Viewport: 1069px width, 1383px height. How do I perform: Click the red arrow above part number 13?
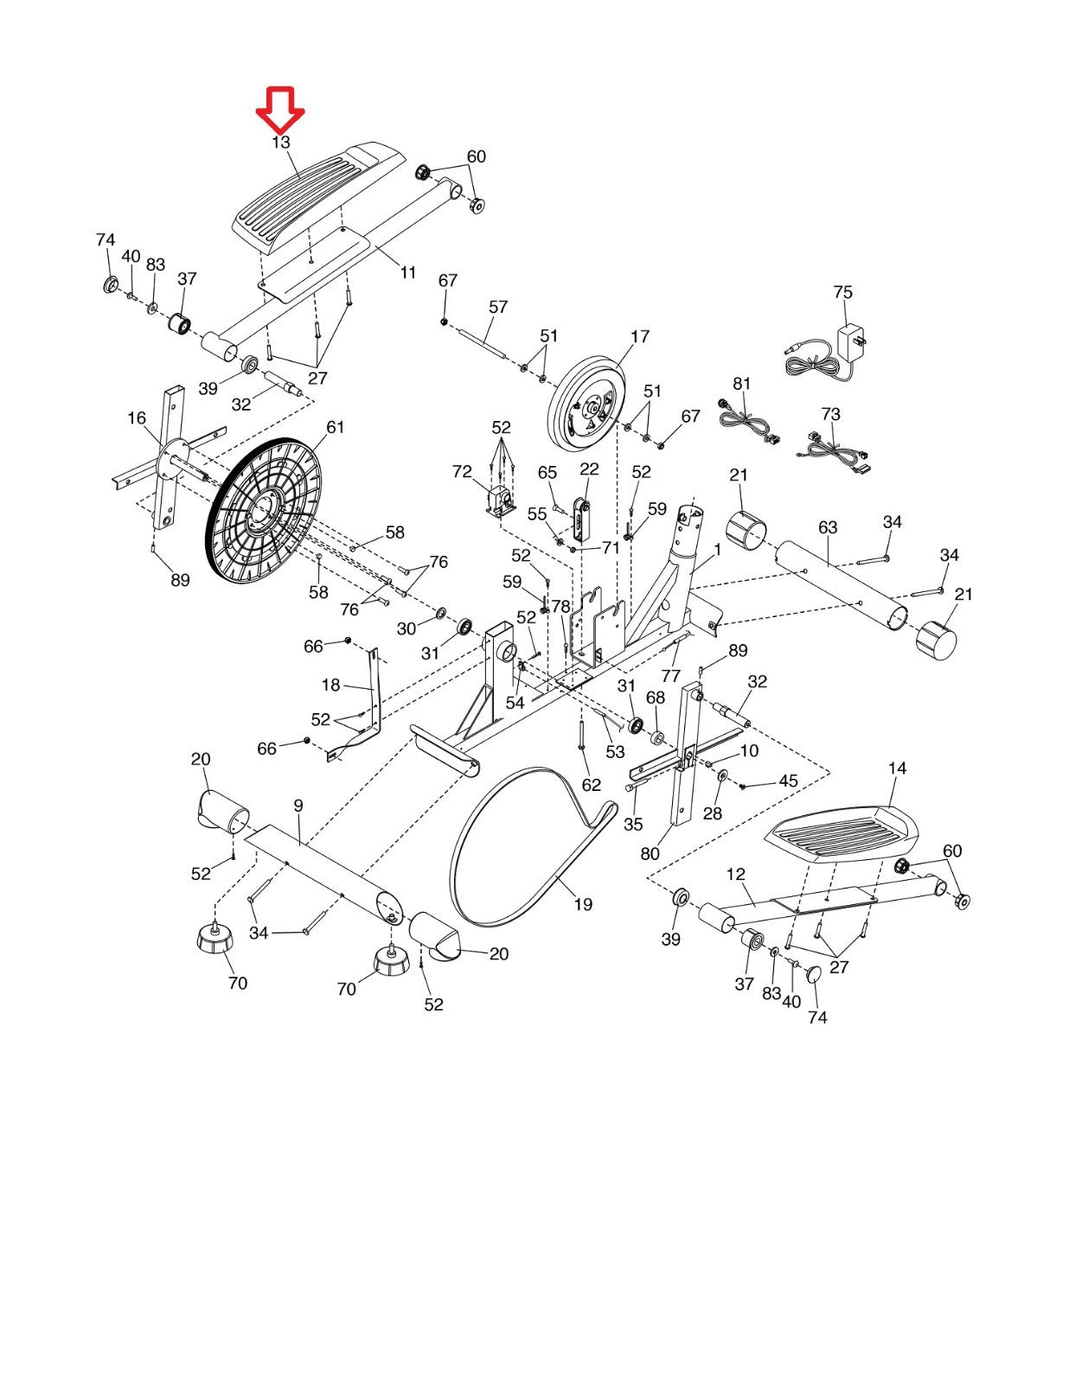tap(280, 110)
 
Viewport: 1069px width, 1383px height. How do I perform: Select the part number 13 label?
tap(281, 143)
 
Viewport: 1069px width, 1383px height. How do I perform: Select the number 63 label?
tap(828, 527)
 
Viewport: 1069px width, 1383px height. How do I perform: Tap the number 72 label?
tap(462, 472)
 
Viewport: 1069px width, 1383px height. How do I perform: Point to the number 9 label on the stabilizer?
tap(298, 806)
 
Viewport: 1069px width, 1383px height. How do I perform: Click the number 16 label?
tap(137, 418)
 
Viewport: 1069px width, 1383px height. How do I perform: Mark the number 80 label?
tap(650, 853)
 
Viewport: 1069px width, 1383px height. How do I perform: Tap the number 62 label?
tap(592, 785)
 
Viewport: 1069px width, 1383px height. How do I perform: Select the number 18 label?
tap(331, 685)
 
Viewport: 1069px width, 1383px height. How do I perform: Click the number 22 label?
tap(590, 469)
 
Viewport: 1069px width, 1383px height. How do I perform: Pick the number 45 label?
tap(788, 781)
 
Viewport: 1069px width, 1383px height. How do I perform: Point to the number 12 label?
tap(735, 874)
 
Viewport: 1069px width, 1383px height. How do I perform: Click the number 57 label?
tap(498, 307)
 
